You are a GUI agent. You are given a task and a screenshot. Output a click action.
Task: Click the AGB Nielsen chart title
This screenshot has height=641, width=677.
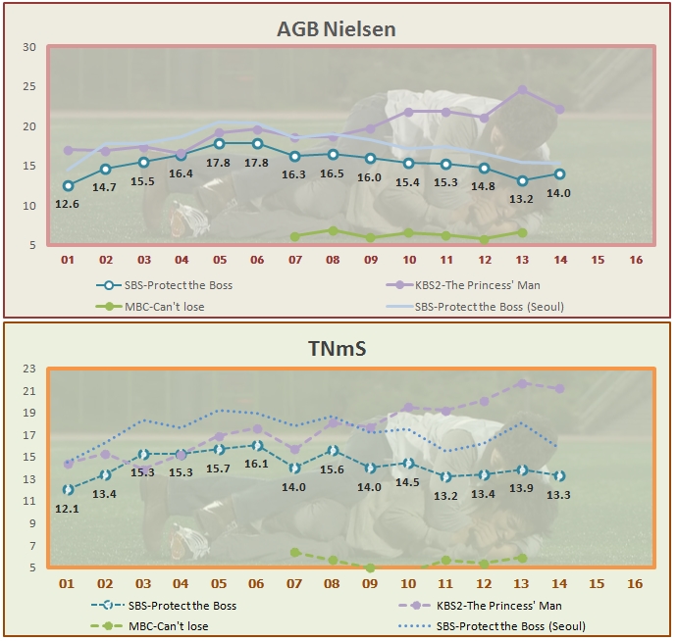coord(337,28)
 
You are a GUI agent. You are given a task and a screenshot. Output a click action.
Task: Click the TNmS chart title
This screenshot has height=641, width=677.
coord(337,348)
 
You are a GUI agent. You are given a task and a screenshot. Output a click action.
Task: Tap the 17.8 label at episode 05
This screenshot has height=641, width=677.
coord(220,163)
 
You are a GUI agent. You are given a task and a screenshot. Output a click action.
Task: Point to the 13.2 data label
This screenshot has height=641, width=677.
coord(522,199)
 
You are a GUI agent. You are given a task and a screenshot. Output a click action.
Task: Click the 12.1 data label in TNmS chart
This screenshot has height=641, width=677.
coord(68,508)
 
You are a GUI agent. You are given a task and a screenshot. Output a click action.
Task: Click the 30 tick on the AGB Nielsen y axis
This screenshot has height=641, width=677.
coord(29,47)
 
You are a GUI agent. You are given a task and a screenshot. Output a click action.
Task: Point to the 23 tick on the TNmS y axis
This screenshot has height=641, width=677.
coord(29,369)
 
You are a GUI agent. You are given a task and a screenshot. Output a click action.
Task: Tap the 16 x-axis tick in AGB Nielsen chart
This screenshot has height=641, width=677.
coord(635,262)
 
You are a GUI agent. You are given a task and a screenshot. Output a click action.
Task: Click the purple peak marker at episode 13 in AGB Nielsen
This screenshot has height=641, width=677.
coord(522,90)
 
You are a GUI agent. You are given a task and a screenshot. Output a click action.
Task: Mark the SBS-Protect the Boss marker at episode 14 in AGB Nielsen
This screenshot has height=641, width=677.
coord(559,174)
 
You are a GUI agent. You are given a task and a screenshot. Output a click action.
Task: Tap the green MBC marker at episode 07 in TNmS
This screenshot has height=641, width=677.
coord(295,553)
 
